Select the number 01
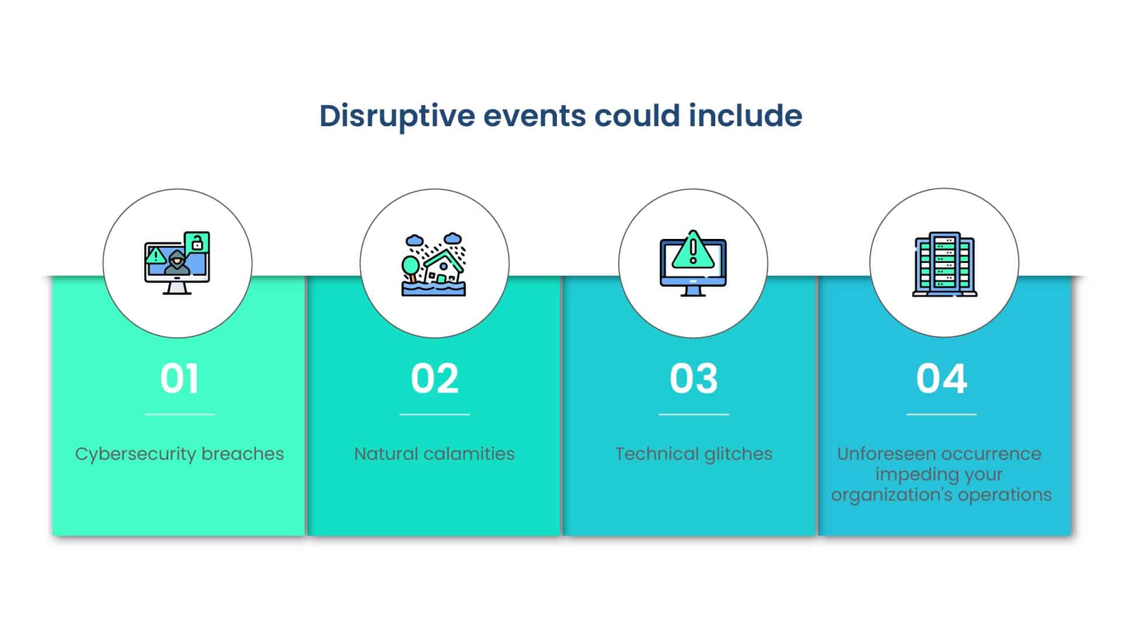179,379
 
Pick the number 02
435,379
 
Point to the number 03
694,379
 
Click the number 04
941,379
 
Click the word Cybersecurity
136,455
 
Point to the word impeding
909,475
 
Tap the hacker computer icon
177,263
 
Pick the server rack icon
945,264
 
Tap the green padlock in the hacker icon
197,242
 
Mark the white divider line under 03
694,414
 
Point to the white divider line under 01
180,414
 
